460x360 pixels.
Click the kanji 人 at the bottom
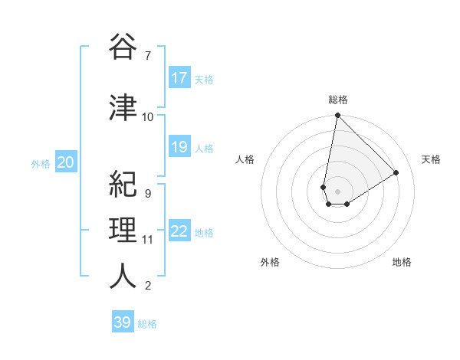click(x=123, y=276)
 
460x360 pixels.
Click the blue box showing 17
click(x=179, y=78)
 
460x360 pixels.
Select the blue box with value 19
click(x=179, y=147)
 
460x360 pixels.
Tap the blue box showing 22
click(x=179, y=231)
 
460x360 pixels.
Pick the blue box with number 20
click(x=65, y=162)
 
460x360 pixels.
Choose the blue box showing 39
click(x=122, y=322)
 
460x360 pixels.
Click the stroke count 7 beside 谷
click(x=147, y=56)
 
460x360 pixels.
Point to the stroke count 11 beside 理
click(x=148, y=240)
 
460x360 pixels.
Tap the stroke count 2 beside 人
click(x=147, y=286)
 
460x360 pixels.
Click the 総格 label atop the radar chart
click(x=337, y=100)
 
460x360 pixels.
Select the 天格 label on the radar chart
click(x=431, y=159)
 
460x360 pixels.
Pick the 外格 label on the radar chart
click(x=270, y=262)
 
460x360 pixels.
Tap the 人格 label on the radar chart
click(x=245, y=159)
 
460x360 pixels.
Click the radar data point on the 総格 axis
click(x=337, y=116)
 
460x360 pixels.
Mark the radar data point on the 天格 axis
click(x=396, y=172)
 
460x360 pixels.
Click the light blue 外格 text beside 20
click(x=41, y=163)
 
